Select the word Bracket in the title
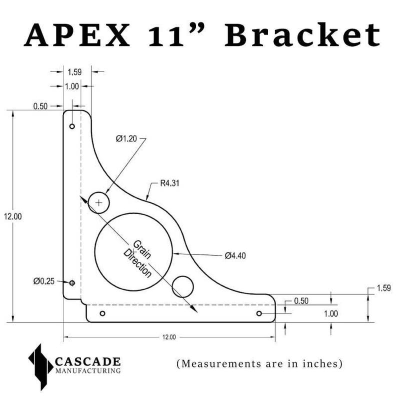pyautogui.click(x=302, y=35)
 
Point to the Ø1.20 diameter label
pyautogui.click(x=126, y=138)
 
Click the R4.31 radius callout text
pyautogui.click(x=170, y=183)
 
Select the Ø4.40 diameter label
pyautogui.click(x=235, y=255)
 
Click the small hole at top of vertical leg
pyautogui.click(x=72, y=126)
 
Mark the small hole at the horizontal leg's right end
pyautogui.click(x=259, y=313)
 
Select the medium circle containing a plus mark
pyautogui.click(x=99, y=202)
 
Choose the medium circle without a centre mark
pyautogui.click(x=182, y=286)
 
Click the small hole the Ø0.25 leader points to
pyautogui.click(x=72, y=283)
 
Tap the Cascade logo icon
pyautogui.click(x=40, y=366)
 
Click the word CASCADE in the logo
pyautogui.click(x=87, y=361)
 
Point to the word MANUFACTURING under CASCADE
pyautogui.click(x=87, y=371)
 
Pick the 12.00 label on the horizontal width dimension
pyautogui.click(x=169, y=337)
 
